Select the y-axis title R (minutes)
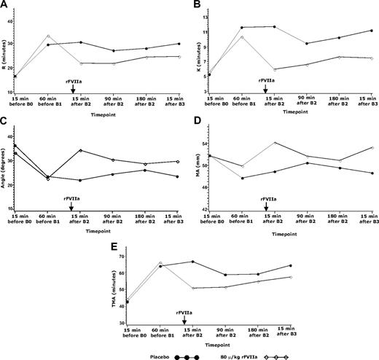click(x=6, y=51)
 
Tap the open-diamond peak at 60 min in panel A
click(x=48, y=36)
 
